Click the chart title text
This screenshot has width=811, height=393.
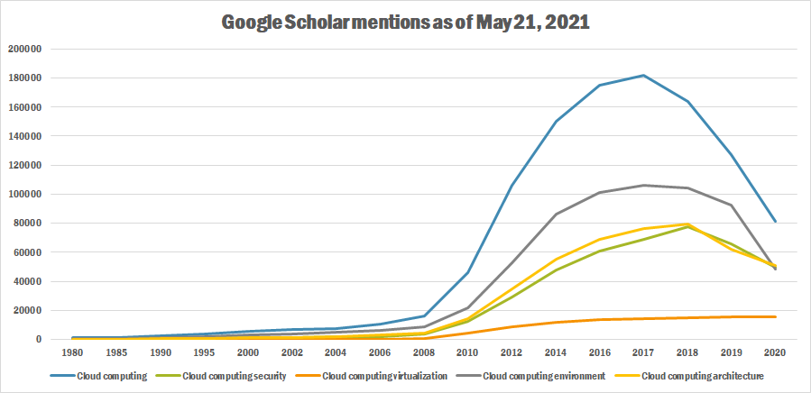(405, 23)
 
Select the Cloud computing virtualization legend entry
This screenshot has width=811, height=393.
(383, 375)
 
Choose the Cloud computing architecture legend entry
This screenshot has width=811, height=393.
(703, 375)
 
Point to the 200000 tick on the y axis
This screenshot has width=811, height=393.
(25, 49)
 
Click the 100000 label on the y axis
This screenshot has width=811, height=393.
(25, 194)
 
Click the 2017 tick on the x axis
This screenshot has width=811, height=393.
(641, 353)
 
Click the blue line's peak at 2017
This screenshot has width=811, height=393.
(641, 76)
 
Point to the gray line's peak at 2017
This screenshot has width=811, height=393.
(641, 185)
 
